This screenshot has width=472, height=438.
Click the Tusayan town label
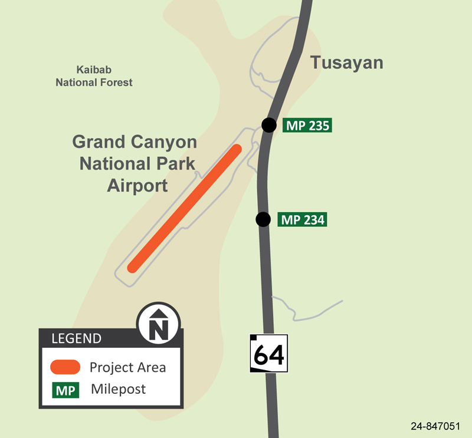tap(347, 63)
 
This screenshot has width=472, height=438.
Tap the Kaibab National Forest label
tap(94, 76)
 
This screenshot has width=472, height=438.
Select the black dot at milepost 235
tap(269, 125)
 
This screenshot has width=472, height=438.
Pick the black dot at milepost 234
tap(263, 219)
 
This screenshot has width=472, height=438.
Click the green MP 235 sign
tap(307, 125)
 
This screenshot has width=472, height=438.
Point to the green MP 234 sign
tap(301, 220)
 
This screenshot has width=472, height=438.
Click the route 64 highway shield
tap(269, 354)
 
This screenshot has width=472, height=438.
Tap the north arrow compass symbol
tap(158, 324)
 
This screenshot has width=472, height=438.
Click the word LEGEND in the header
tap(77, 338)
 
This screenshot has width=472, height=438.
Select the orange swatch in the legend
tap(65, 367)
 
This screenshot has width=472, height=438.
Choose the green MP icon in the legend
tap(66, 390)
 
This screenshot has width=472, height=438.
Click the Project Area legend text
tap(127, 367)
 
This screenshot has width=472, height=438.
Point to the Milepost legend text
tap(118, 390)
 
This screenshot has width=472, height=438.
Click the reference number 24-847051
tap(437, 426)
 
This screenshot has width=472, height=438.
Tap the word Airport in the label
tap(137, 186)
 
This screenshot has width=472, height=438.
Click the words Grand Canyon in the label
tap(135, 142)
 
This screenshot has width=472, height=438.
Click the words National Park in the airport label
tap(137, 164)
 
